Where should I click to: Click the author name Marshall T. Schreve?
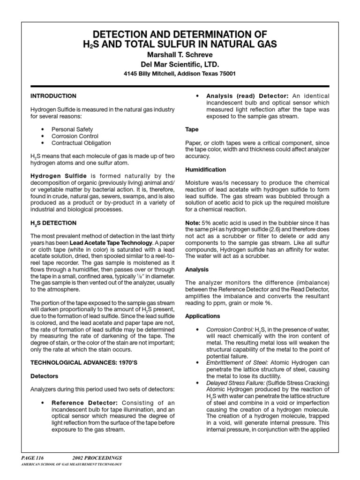pos(180,55)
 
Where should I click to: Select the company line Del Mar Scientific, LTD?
pos(180,64)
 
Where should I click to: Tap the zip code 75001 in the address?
pos(225,74)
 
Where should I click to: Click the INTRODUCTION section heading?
pos(53,96)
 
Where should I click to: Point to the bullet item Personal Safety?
pos(72,129)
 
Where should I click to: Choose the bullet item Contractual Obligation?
pos(81,143)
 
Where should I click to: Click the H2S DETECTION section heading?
pos(53,223)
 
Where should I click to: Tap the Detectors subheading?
pos(45,376)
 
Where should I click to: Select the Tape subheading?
pos(192,129)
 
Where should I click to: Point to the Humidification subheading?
pos(205,169)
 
